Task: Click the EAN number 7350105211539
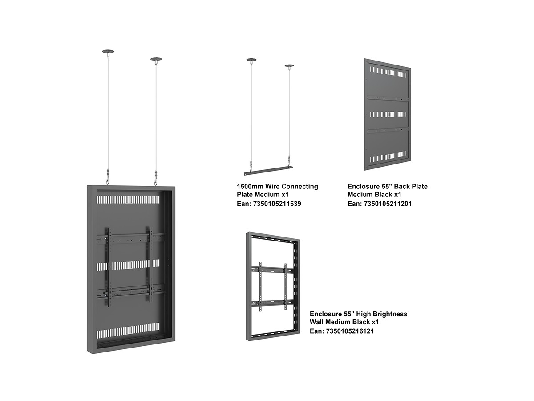coord(277,204)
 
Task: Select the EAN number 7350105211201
coord(388,204)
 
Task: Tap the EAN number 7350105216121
coord(350,331)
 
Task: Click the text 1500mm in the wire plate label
coord(250,187)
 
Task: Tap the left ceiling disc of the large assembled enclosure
coord(108,52)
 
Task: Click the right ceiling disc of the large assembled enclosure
coord(156,59)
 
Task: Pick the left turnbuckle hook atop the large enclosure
coord(107,176)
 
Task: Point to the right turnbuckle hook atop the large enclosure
coord(155,178)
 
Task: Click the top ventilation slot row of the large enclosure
coord(128,200)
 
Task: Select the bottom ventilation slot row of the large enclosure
coord(128,331)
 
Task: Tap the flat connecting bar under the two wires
coord(268,171)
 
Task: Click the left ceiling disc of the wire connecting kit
coord(251,60)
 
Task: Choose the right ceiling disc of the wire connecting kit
coord(289,66)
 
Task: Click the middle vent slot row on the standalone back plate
coord(388,115)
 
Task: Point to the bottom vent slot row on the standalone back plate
coord(388,157)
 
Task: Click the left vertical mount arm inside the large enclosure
coord(109,267)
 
